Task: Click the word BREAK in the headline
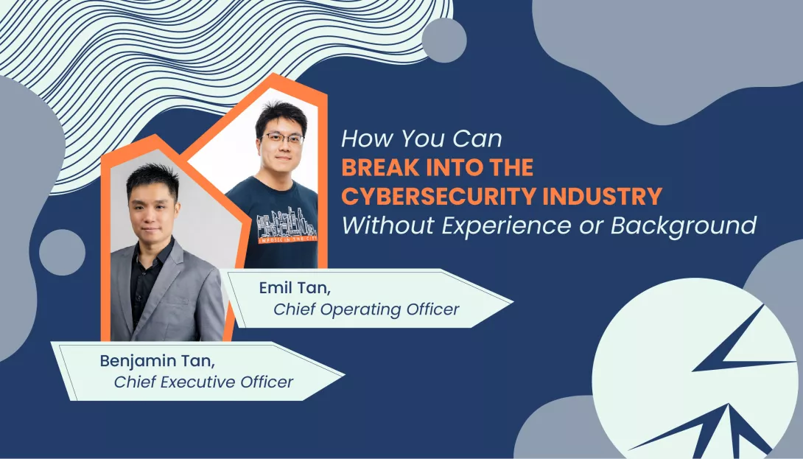tap(374, 168)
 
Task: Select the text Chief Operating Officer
tap(366, 309)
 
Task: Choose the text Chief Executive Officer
tap(203, 382)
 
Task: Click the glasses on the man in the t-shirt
tap(283, 139)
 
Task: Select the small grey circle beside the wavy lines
tap(444, 41)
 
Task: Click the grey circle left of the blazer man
tap(62, 252)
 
